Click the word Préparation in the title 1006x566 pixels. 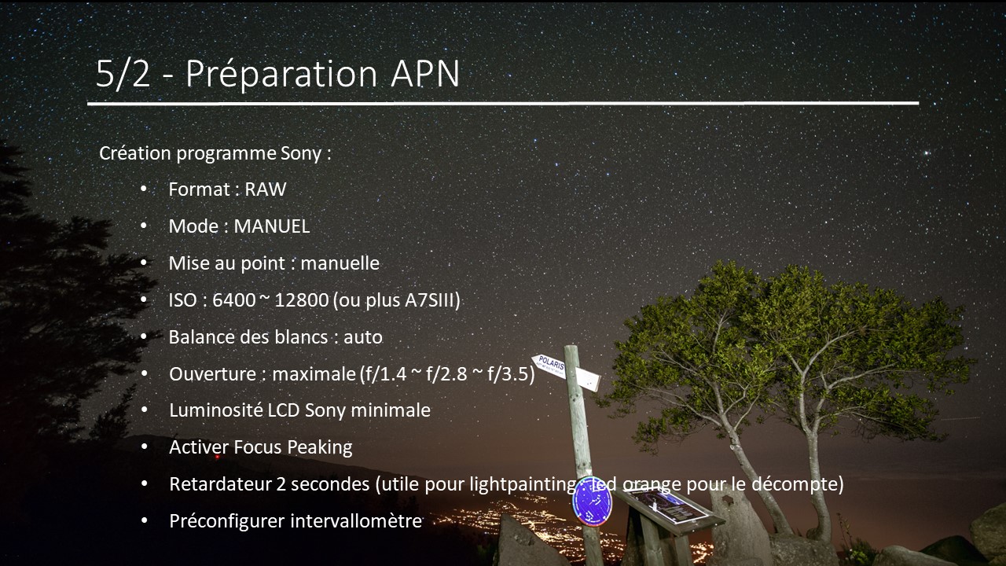(281, 74)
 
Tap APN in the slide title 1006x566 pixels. (425, 73)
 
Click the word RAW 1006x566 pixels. (266, 189)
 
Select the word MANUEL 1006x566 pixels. (272, 226)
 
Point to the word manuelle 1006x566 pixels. (340, 263)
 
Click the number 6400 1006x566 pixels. (234, 300)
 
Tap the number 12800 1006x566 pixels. (301, 300)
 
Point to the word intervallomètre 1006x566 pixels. (356, 521)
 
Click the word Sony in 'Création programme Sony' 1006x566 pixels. (301, 154)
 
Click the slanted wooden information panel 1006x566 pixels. (668, 510)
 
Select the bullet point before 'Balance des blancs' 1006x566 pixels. (144, 337)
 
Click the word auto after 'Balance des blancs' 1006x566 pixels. (363, 337)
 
